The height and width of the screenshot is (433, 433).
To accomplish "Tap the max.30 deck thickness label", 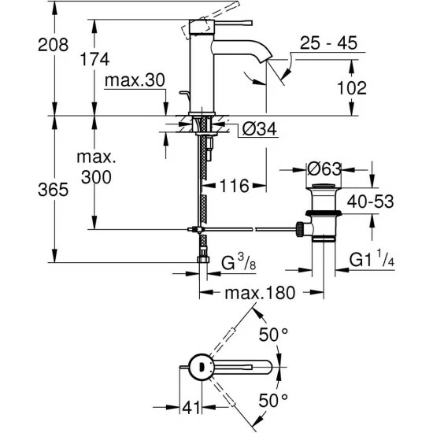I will [x=133, y=82].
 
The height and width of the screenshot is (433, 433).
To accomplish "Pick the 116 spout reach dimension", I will [x=234, y=186].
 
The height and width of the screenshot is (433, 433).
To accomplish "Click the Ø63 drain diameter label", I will [x=324, y=168].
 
